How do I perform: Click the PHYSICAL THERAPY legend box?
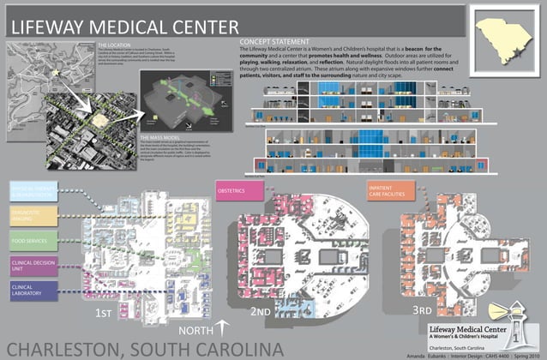[33, 190]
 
